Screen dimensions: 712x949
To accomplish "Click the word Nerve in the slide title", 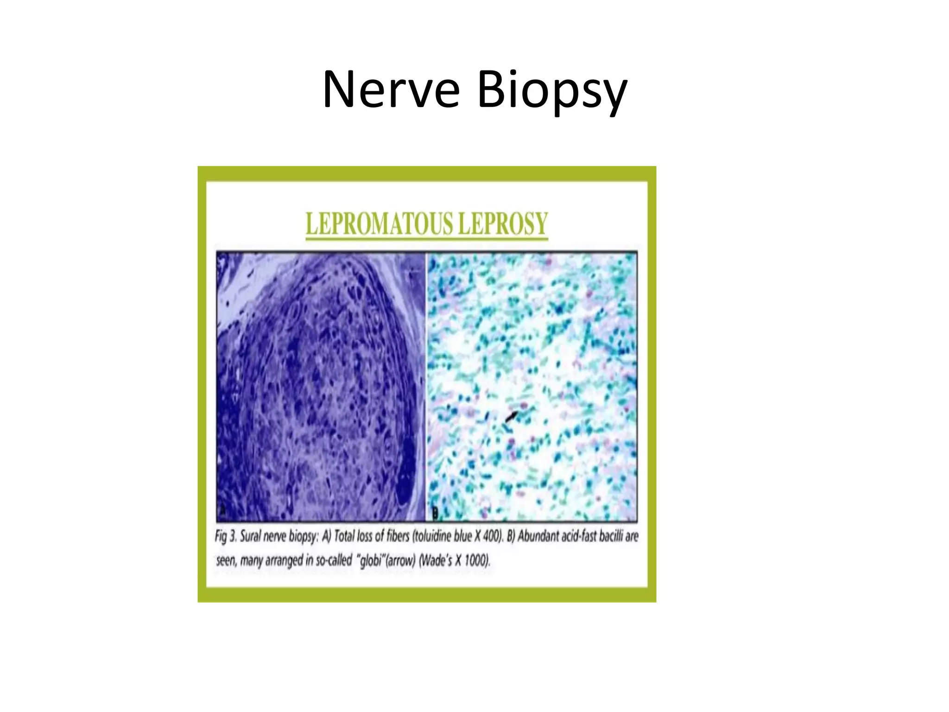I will click(x=392, y=89).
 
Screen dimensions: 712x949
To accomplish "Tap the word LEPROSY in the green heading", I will click(x=503, y=224).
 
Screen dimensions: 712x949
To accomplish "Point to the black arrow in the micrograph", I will click(x=511, y=416).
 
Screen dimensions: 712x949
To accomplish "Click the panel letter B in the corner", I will click(x=435, y=513).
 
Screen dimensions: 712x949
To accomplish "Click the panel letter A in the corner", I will click(x=223, y=511).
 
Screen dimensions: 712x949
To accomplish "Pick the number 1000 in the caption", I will click(x=476, y=560).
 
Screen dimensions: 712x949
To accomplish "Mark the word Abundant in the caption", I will click(x=538, y=536).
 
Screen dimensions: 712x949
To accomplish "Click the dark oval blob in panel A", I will click(x=408, y=468).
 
